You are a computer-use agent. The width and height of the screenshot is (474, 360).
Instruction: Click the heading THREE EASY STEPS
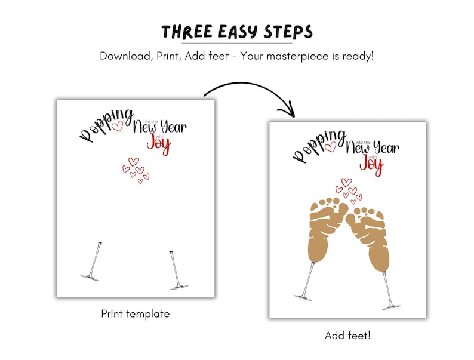click(x=237, y=31)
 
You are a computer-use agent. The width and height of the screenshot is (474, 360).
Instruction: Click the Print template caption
click(x=136, y=313)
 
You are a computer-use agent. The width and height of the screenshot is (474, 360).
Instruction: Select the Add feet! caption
click(x=347, y=336)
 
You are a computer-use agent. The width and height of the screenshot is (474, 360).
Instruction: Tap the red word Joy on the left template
click(x=158, y=144)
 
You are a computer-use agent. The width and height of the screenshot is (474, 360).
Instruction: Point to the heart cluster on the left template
click(x=136, y=170)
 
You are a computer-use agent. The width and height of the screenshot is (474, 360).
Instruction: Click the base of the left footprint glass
click(x=303, y=296)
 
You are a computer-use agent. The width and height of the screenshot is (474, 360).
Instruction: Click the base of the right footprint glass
click(x=392, y=306)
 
